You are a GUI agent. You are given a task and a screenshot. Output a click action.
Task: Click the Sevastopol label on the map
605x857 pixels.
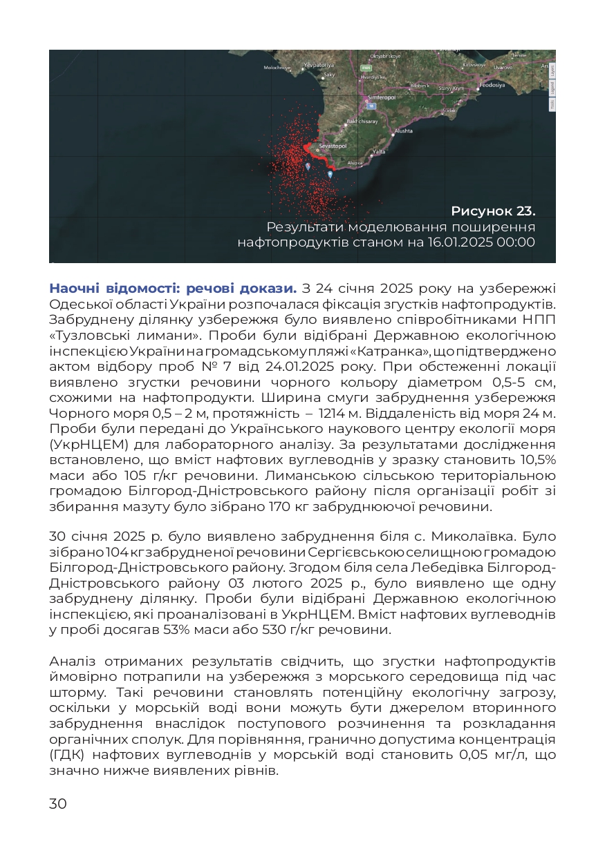(333, 146)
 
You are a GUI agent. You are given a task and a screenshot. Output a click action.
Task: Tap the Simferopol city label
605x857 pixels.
(381, 97)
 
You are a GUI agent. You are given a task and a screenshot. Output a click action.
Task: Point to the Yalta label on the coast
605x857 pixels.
(378, 151)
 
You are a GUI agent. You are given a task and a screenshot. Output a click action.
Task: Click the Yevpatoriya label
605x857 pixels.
(319, 65)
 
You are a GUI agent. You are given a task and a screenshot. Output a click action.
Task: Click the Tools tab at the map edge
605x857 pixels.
(552, 104)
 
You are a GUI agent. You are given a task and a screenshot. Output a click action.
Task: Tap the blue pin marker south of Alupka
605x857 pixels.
(330, 174)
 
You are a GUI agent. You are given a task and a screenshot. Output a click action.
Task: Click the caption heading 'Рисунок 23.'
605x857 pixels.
(493, 211)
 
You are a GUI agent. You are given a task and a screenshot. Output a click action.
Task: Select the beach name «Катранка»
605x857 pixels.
(378, 352)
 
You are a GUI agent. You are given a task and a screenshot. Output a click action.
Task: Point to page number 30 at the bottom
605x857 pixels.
(58, 803)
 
